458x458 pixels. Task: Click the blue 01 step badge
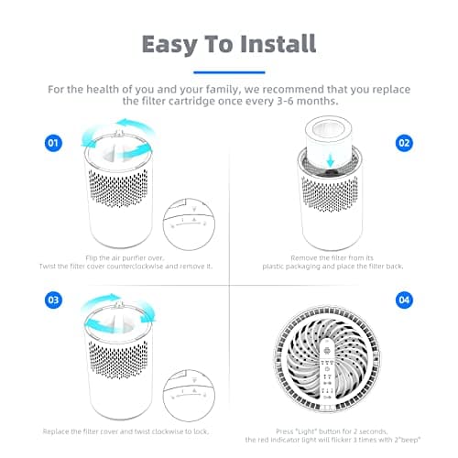(x=53, y=143)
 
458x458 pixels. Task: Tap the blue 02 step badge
(x=404, y=143)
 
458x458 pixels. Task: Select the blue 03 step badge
(x=53, y=300)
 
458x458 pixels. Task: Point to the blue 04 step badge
(x=404, y=300)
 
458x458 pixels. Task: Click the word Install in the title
(x=278, y=44)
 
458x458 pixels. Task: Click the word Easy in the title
(x=169, y=45)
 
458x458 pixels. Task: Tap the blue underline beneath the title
(x=229, y=72)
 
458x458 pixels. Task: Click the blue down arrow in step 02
(x=331, y=159)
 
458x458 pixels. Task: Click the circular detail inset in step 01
(x=189, y=224)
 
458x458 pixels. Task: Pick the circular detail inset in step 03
(x=189, y=396)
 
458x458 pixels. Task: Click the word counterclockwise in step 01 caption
(x=135, y=267)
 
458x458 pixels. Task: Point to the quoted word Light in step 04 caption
(x=306, y=431)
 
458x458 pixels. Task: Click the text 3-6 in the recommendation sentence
(x=286, y=101)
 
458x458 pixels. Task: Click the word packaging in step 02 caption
(x=302, y=267)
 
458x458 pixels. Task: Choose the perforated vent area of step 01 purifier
(x=118, y=188)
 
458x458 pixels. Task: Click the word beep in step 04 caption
(x=409, y=440)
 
